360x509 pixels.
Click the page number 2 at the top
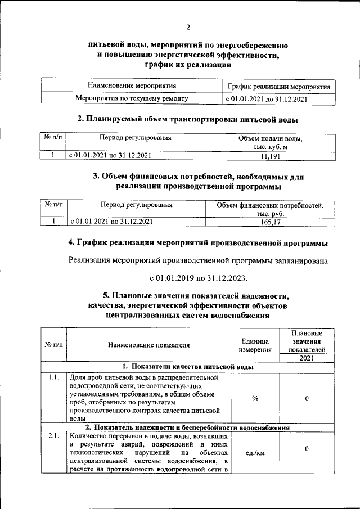(188, 28)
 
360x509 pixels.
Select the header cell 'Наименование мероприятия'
(132, 86)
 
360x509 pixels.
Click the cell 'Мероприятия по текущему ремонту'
(132, 98)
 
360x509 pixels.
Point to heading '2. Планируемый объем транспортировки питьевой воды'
(187, 119)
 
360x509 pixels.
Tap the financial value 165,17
(270, 222)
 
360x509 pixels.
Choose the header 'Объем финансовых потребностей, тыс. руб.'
(270, 209)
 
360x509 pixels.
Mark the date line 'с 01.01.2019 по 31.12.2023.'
(198, 278)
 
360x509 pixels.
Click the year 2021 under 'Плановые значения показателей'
(307, 358)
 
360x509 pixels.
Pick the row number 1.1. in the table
(54, 377)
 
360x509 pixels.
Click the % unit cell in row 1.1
(254, 398)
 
